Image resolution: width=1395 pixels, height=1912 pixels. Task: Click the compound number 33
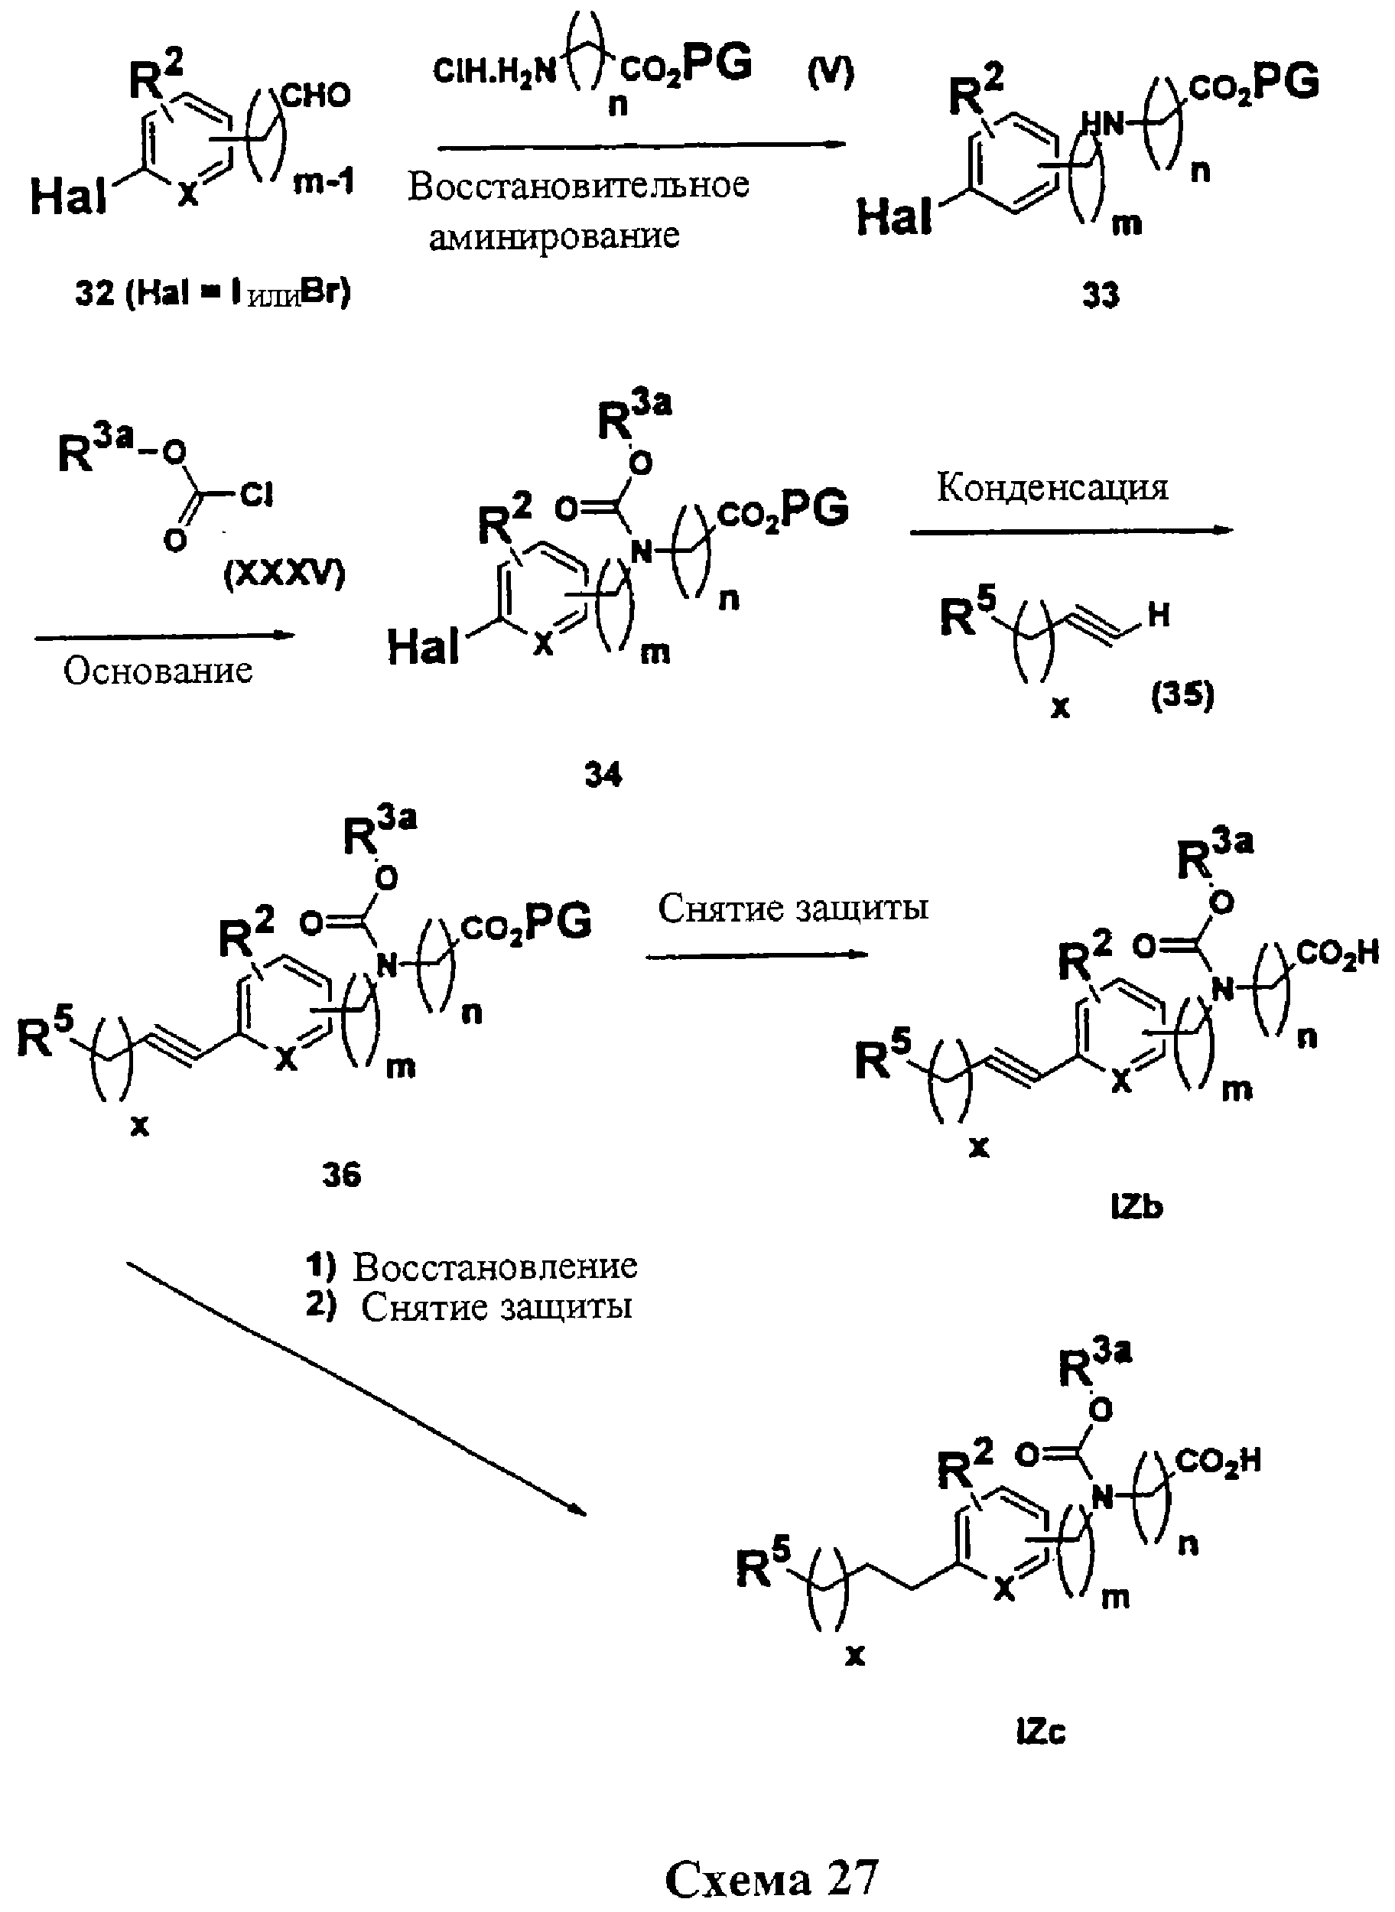(1101, 295)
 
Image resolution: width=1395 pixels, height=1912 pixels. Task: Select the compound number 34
(603, 775)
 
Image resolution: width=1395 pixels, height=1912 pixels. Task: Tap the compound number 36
(341, 1175)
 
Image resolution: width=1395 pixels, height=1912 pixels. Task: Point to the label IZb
(1136, 1208)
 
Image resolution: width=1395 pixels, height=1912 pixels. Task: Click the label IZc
(1041, 1734)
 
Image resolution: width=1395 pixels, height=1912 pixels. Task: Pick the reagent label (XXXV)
(285, 575)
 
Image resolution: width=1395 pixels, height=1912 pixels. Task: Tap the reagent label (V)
(831, 73)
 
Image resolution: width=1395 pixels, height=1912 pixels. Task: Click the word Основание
(158, 671)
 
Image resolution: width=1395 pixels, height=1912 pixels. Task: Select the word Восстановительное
(578, 185)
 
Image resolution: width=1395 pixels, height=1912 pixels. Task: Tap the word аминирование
(554, 236)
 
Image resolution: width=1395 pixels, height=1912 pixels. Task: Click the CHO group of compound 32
(316, 96)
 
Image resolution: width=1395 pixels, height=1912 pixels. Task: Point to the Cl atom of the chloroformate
(257, 495)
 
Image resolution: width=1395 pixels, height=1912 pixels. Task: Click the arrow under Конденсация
(1071, 530)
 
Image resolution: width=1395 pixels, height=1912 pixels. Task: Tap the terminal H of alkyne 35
(1159, 616)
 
